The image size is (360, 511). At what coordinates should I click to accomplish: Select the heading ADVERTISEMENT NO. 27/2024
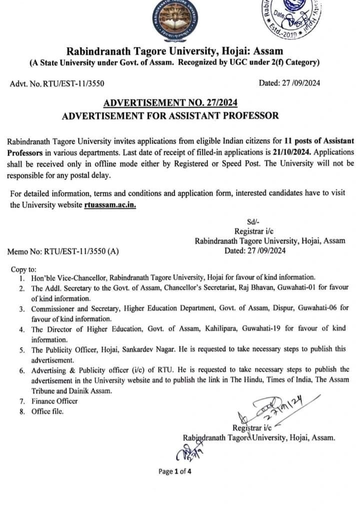tap(170, 103)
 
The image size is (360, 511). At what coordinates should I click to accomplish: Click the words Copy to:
tap(23, 269)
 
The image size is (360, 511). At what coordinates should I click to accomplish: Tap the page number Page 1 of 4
tap(175, 471)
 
